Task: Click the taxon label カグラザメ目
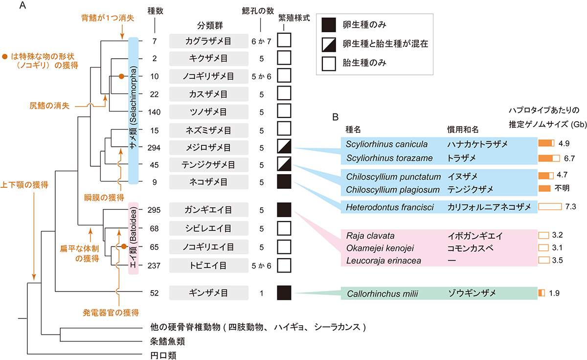pos(206,40)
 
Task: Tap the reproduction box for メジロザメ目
pos(284,147)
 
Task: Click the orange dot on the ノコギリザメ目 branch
pos(122,76)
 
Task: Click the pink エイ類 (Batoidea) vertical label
pos(134,238)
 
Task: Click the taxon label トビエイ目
pos(206,266)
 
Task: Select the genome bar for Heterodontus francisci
pos(550,207)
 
